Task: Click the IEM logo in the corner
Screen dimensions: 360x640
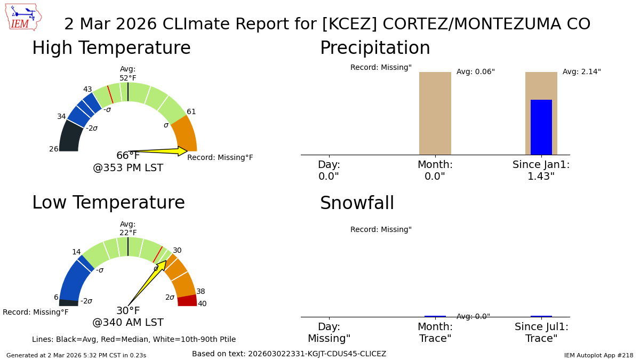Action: pos(23,17)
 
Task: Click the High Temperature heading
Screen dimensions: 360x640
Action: pos(111,49)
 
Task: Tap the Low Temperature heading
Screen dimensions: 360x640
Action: pos(108,203)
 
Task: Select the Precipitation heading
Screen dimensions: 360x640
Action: pos(375,49)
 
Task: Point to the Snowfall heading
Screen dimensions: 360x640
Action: pos(357,204)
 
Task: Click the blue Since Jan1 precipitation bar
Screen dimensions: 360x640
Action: pos(541,127)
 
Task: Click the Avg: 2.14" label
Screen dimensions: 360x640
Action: pos(581,72)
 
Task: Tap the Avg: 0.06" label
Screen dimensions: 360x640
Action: pos(475,72)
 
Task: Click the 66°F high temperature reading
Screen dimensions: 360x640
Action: pos(128,156)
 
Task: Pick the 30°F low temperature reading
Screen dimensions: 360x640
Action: pos(128,311)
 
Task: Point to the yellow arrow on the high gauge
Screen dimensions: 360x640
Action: pos(160,151)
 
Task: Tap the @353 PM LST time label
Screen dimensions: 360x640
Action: pos(128,168)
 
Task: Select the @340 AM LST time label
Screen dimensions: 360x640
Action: pos(128,323)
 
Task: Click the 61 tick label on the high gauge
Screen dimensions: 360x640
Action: pos(191,112)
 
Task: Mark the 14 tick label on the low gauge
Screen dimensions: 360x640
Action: pos(76,252)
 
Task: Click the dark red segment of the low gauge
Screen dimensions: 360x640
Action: pos(187,301)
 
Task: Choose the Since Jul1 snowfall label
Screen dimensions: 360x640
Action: pos(541,333)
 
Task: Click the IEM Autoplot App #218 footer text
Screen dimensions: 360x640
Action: pos(598,355)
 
